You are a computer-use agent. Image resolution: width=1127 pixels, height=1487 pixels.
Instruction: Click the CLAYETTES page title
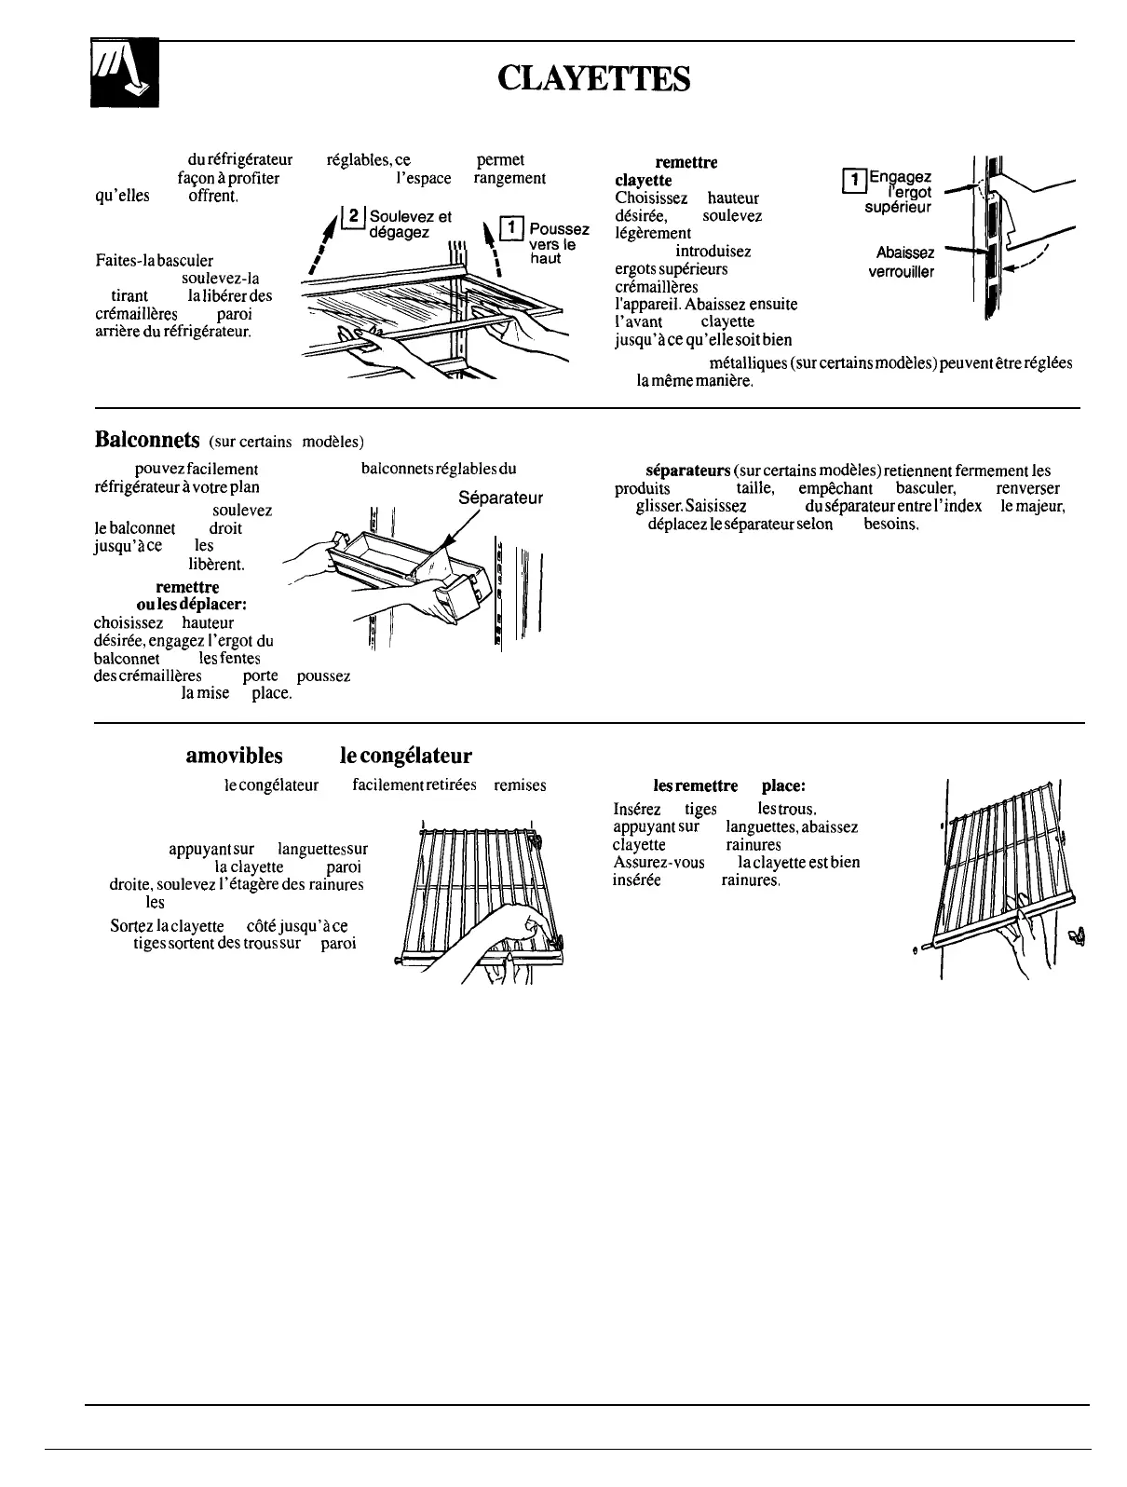tap(594, 79)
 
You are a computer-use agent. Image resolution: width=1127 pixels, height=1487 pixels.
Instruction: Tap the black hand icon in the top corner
tap(124, 74)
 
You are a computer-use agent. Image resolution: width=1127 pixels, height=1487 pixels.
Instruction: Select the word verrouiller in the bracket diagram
tap(902, 272)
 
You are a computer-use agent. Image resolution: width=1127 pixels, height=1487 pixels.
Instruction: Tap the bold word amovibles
tap(234, 756)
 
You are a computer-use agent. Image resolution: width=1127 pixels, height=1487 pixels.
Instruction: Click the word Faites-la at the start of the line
tap(124, 261)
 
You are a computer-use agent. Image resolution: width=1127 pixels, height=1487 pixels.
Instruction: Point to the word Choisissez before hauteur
tap(651, 198)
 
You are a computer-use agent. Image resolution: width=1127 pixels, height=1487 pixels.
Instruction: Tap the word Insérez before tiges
tap(637, 809)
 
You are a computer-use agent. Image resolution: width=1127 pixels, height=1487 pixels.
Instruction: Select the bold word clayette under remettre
tap(644, 179)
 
